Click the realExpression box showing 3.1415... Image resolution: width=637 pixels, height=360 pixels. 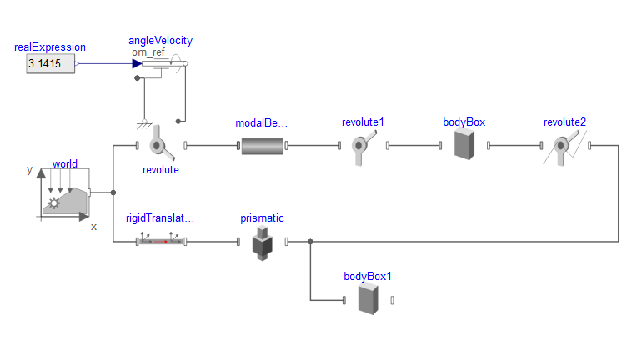(x=50, y=63)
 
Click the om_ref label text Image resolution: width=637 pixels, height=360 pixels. (x=148, y=52)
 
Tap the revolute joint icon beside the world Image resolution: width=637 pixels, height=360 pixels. (x=161, y=147)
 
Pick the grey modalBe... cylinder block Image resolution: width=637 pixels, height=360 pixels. (x=263, y=147)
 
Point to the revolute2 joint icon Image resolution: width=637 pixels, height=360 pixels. (x=564, y=147)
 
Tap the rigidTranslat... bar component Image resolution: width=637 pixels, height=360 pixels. (x=162, y=242)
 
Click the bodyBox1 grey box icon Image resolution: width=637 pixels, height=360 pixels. (x=369, y=298)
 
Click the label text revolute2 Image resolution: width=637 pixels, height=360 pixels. (x=564, y=122)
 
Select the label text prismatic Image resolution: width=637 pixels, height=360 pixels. (x=262, y=218)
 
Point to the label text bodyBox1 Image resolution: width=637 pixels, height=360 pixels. (x=368, y=276)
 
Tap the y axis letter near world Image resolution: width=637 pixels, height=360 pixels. (x=29, y=169)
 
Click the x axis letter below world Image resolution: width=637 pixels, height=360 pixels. (x=93, y=226)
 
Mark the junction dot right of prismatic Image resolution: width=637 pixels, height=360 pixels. (x=310, y=242)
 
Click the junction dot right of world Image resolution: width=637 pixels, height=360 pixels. (x=113, y=192)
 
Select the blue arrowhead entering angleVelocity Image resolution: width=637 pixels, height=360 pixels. (x=137, y=63)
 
